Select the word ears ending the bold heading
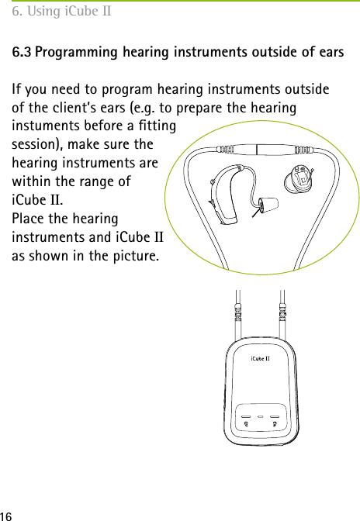click(331, 53)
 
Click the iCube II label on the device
click(259, 358)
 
